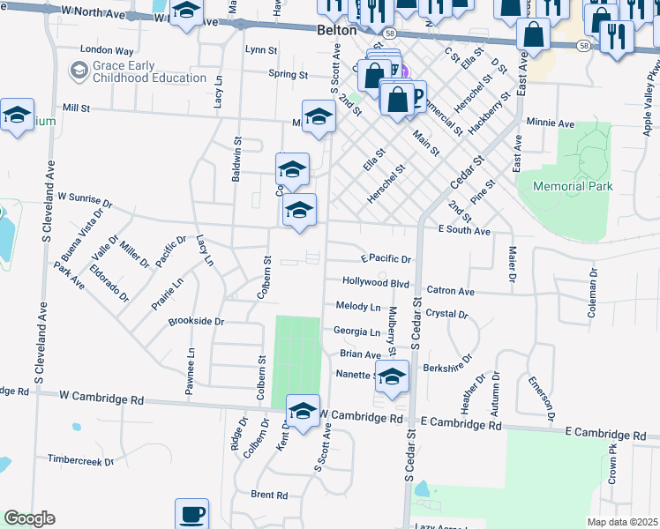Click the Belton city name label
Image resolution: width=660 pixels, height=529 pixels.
335,29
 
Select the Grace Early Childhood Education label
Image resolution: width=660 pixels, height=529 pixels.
138,71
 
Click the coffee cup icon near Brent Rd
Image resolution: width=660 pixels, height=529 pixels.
191,514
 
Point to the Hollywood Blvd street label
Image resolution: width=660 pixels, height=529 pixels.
376,283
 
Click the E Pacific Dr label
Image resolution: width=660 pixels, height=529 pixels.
386,259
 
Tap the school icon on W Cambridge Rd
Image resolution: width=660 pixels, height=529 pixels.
302,412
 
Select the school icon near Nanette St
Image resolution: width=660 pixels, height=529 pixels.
392,376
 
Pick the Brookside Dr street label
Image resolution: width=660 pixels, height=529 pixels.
196,322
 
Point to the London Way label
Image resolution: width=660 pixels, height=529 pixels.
106,50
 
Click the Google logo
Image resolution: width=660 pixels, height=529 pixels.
29,518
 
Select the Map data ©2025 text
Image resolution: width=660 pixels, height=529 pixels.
623,522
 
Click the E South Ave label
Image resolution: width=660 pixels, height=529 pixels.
464,230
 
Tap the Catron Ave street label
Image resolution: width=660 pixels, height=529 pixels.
450,290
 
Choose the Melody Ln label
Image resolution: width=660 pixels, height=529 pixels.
357,307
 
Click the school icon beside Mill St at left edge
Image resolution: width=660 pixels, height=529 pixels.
17,115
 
